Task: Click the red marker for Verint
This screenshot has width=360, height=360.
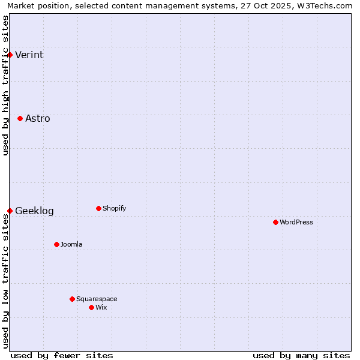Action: tap(10, 55)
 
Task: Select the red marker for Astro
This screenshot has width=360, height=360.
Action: tap(20, 118)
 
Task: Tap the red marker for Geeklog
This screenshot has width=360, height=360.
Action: tap(10, 211)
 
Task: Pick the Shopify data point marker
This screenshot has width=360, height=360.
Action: tap(98, 208)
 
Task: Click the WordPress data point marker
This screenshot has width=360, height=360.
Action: tap(275, 222)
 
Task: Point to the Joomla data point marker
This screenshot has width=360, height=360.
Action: tap(56, 244)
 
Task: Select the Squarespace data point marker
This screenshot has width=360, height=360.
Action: tap(72, 299)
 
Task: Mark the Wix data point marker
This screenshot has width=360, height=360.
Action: tap(91, 307)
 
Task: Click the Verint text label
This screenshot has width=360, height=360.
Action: tap(29, 55)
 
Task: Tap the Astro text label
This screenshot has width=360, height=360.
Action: tap(38, 119)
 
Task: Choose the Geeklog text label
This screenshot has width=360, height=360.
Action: tap(34, 211)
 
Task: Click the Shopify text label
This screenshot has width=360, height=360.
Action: tap(114, 209)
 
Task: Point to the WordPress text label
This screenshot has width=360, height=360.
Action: tap(296, 223)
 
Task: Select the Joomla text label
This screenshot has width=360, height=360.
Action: tap(71, 245)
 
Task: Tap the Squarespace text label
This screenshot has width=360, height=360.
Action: tap(97, 299)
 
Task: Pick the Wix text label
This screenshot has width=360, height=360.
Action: tap(101, 308)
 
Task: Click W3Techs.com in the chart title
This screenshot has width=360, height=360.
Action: tap(323, 6)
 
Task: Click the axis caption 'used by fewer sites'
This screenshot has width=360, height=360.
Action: tap(62, 355)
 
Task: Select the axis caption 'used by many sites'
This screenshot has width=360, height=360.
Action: tap(301, 355)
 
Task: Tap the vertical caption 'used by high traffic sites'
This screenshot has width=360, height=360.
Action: tap(6, 85)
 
